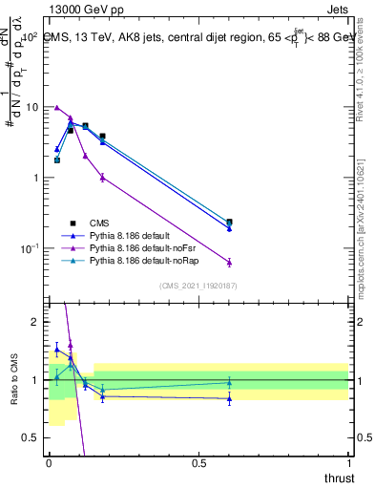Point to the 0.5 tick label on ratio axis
coord(32,437)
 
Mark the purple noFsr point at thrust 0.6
coord(229,262)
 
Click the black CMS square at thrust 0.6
coord(229,222)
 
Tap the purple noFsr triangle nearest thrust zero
coord(57,108)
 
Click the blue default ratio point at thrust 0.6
coord(229,398)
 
